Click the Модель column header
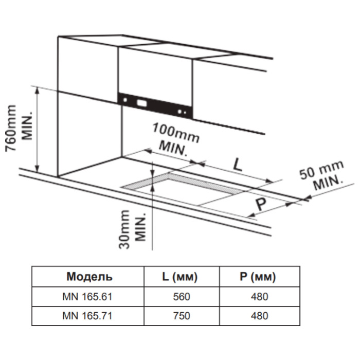[89, 278]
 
